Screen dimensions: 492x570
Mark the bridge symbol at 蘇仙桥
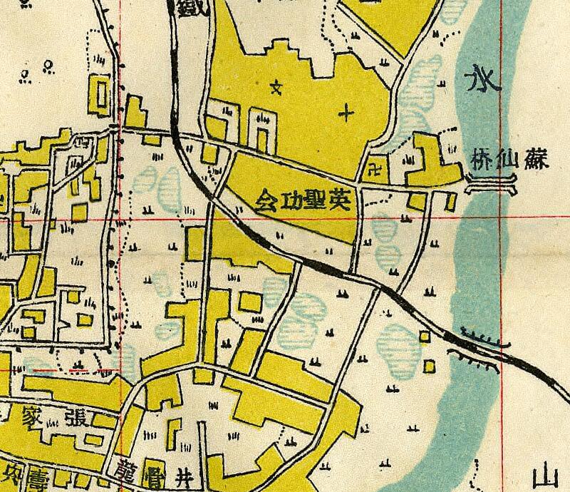[x=489, y=188]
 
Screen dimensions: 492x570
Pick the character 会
[x=264, y=197]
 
